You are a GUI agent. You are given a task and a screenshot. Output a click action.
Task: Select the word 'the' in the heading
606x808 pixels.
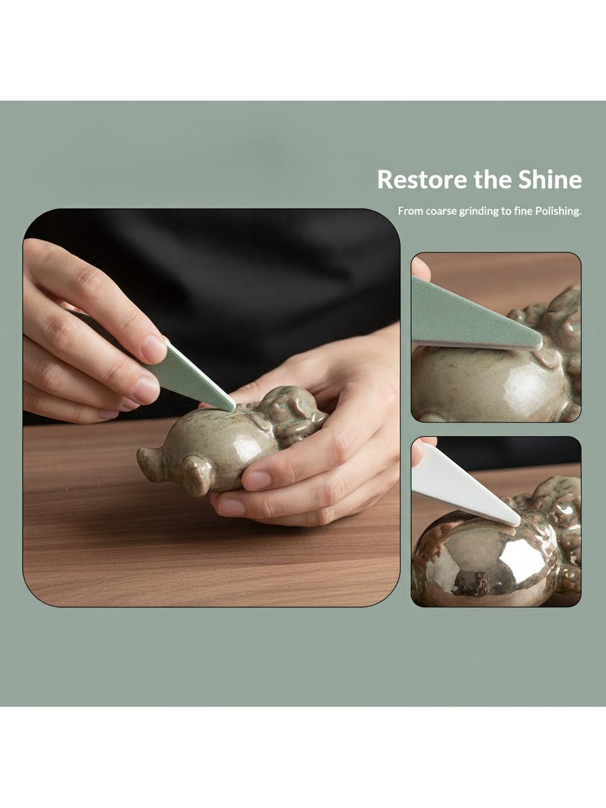pyautogui.click(x=492, y=179)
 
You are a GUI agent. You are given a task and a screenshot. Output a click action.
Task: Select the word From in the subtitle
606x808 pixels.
pyautogui.click(x=411, y=211)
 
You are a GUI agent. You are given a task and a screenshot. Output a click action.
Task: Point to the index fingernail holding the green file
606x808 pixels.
pyautogui.click(x=153, y=348)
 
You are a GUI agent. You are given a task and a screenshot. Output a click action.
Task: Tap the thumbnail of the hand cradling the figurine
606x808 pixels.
pyautogui.click(x=257, y=481)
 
